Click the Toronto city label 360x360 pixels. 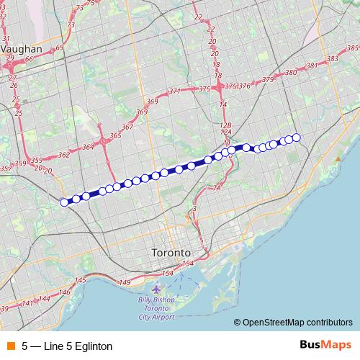pyautogui.click(x=171, y=253)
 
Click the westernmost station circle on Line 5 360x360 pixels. pyautogui.click(x=64, y=202)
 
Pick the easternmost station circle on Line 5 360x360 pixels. pyautogui.click(x=295, y=138)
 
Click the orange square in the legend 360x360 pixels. pyautogui.click(x=10, y=346)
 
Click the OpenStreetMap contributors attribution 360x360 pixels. pyautogui.click(x=297, y=323)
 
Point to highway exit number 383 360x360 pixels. pyautogui.click(x=333, y=58)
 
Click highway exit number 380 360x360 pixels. pyautogui.click(x=292, y=73)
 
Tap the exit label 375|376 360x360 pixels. pyautogui.click(x=238, y=86)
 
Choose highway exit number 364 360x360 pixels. pyautogui.click(x=89, y=147)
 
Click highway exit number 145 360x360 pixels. pyautogui.click(x=81, y=280)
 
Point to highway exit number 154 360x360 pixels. pyautogui.click(x=168, y=274)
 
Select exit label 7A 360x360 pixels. pyautogui.click(x=217, y=188)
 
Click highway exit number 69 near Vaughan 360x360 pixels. pyautogui.click(x=59, y=48)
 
